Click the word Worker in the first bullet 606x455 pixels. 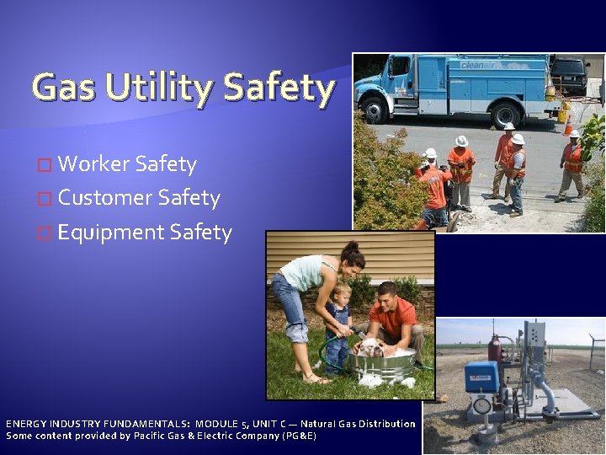pyautogui.click(x=93, y=164)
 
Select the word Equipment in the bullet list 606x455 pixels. pyautogui.click(x=110, y=232)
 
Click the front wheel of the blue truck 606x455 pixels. pyautogui.click(x=374, y=110)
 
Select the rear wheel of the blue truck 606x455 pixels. pyautogui.click(x=507, y=114)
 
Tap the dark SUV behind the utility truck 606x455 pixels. pyautogui.click(x=569, y=75)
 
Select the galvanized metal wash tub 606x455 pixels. pyautogui.click(x=383, y=367)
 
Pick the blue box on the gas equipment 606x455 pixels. pyautogui.click(x=481, y=377)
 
